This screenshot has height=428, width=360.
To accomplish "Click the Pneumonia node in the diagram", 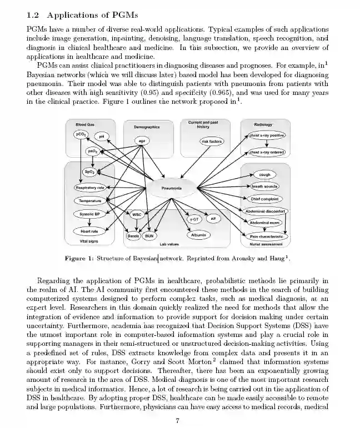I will pyautogui.click(x=172, y=188).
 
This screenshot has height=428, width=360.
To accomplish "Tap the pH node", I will pyautogui.click(x=102, y=137).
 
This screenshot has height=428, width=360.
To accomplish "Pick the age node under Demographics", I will pyautogui.click(x=142, y=141).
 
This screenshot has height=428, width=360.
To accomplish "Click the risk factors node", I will pyautogui.click(x=211, y=142).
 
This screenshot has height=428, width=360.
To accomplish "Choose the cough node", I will pyautogui.click(x=265, y=174).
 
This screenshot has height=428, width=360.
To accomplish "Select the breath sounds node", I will pyautogui.click(x=265, y=187).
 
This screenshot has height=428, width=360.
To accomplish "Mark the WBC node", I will pyautogui.click(x=136, y=214).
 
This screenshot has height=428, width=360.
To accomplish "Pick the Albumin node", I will pyautogui.click(x=199, y=235).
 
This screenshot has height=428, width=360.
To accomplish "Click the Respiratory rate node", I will pyautogui.click(x=89, y=188).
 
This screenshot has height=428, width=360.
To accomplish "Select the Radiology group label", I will pyautogui.click(x=263, y=125).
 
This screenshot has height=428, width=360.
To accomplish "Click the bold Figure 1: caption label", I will pyautogui.click(x=79, y=259).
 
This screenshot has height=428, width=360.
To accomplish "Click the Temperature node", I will pyautogui.click(x=89, y=200).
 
